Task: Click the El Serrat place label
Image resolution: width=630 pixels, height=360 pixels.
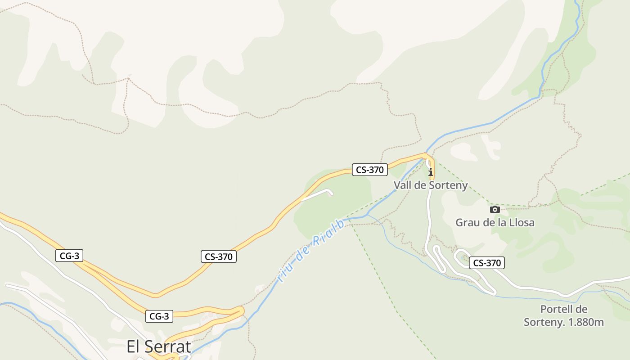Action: [x=159, y=346]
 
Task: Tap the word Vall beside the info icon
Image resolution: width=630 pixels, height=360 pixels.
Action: [x=403, y=185]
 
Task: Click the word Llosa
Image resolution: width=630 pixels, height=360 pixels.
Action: [x=522, y=222]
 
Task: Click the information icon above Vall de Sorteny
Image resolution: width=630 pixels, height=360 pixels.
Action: [x=431, y=171]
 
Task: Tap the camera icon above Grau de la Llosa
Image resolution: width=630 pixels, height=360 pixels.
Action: [x=495, y=209]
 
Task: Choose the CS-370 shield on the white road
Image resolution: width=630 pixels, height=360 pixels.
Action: [x=486, y=263]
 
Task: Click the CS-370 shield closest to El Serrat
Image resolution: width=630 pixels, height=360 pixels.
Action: [x=218, y=256]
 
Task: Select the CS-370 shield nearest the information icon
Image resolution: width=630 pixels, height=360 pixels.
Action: [x=369, y=170]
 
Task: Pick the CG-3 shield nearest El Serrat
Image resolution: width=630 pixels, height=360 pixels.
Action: [x=159, y=316]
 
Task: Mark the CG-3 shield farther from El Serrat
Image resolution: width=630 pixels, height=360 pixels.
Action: [x=69, y=256]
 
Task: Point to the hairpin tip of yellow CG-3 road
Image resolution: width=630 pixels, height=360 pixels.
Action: [x=242, y=310]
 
